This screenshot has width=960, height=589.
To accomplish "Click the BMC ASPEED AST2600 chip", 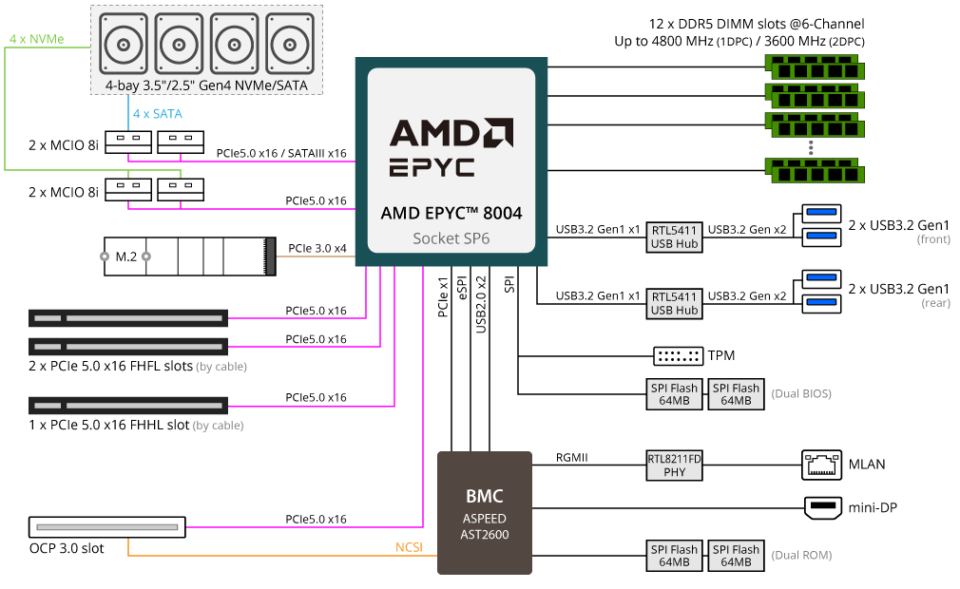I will click(484, 512).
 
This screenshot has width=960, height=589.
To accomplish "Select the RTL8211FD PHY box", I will click(674, 465).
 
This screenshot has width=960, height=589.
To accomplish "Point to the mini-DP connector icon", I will click(822, 508).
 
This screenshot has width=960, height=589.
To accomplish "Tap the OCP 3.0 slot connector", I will click(106, 525).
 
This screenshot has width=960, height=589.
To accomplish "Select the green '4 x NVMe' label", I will click(36, 39).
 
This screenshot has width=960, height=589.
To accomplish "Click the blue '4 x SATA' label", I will click(157, 114).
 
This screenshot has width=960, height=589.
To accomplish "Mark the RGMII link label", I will click(572, 458).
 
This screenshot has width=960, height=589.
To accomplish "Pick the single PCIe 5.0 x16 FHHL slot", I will click(127, 404).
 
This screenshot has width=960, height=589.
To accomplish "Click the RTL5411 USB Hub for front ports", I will click(674, 236).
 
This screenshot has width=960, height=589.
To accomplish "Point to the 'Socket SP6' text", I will click(451, 237).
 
